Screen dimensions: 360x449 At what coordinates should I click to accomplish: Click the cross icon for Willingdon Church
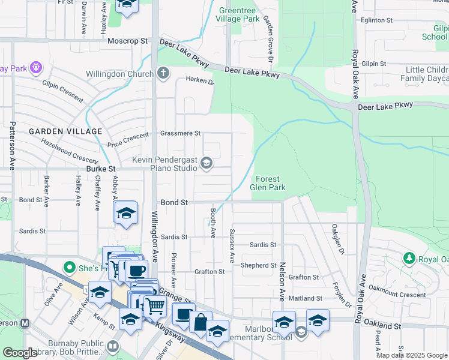pos(163,74)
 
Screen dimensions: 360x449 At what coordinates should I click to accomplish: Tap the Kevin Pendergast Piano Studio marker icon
pos(206,163)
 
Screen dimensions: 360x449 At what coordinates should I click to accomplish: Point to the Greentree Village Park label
pos(238,15)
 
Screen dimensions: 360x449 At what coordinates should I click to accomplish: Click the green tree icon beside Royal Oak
pos(409,259)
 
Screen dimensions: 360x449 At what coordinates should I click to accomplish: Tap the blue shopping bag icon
pos(200,322)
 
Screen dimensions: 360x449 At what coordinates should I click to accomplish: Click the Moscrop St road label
pos(127,41)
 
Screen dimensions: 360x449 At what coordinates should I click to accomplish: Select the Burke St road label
pos(100,170)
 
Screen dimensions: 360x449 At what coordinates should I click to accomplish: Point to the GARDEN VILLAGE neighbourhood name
pos(58,131)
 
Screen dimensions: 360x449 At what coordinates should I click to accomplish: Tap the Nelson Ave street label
pos(281,281)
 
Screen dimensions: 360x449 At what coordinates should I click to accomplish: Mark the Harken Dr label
pos(199,80)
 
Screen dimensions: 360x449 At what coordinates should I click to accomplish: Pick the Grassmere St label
pos(180,133)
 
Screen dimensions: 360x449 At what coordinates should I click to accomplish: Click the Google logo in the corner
pos(20,353)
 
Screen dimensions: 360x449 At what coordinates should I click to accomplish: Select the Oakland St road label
pos(382,326)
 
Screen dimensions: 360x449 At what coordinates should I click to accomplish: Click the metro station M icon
pos(25,323)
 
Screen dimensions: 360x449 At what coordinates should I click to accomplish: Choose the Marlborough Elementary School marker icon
pos(301,332)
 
